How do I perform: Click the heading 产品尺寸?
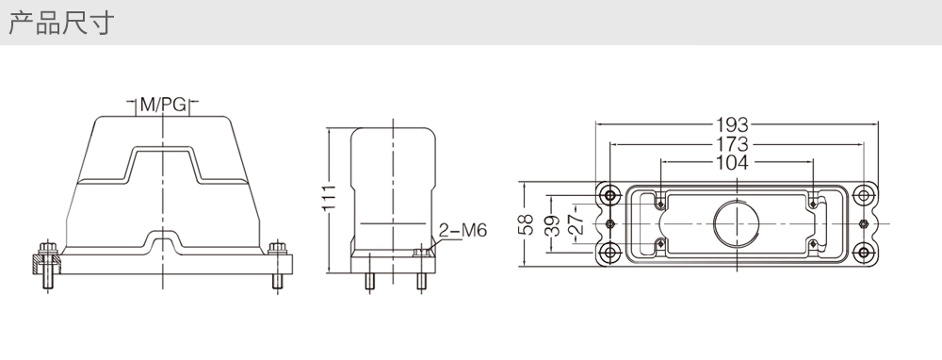61,24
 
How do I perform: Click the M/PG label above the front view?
163,105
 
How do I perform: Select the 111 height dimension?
329,198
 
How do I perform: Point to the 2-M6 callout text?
463,230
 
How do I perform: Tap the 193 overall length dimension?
732,125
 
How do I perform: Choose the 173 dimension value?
732,144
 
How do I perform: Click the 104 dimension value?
732,162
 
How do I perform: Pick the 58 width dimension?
526,224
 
